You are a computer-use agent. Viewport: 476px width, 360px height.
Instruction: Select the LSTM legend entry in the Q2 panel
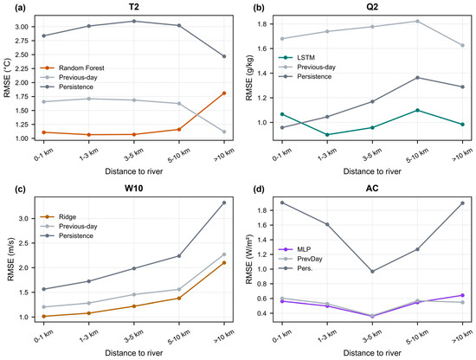(297, 58)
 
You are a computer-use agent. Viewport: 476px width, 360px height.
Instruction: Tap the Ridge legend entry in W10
(58, 217)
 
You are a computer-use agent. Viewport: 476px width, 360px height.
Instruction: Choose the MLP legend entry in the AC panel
(295, 249)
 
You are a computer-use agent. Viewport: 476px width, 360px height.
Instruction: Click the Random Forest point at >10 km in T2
(224, 93)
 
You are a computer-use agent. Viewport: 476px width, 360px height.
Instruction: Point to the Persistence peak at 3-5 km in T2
(134, 22)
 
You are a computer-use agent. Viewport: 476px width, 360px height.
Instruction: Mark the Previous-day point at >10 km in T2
(224, 132)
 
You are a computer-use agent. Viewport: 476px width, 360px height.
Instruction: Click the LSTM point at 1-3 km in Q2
(327, 134)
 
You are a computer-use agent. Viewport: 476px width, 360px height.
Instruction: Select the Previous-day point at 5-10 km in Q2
(417, 22)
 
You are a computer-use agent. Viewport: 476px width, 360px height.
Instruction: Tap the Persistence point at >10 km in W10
(224, 202)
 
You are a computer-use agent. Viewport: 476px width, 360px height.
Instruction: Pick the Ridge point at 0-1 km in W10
(44, 316)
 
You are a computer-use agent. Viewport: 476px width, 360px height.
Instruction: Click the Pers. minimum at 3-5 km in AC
(372, 272)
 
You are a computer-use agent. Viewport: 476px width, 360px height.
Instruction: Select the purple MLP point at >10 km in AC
(462, 295)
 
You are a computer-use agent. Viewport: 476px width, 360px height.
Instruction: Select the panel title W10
(133, 189)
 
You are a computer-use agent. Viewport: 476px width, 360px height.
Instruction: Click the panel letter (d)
(259, 189)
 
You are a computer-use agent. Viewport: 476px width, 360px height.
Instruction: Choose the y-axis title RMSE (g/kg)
(249, 78)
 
